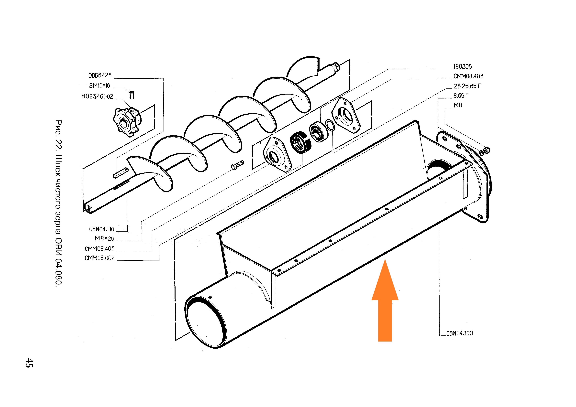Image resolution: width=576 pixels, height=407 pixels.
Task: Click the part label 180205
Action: coord(462,66)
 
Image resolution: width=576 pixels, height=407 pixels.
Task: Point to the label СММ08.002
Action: coord(100,258)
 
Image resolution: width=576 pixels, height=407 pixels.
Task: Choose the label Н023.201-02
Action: coord(97,96)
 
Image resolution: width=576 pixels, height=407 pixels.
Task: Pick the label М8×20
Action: coord(104,238)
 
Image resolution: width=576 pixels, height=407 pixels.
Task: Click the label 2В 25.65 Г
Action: coord(467,86)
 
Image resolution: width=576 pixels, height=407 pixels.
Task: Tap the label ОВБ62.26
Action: coord(100,75)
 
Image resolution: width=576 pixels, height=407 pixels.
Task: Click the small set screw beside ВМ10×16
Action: coord(132,94)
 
